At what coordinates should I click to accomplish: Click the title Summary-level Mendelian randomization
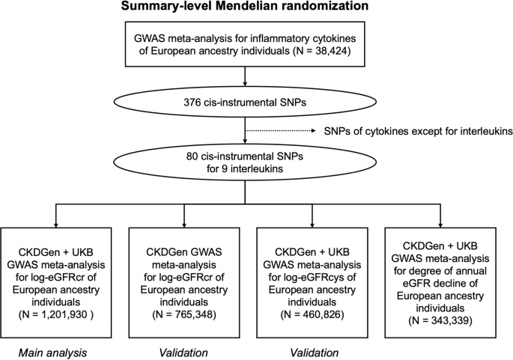click(x=256, y=9)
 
